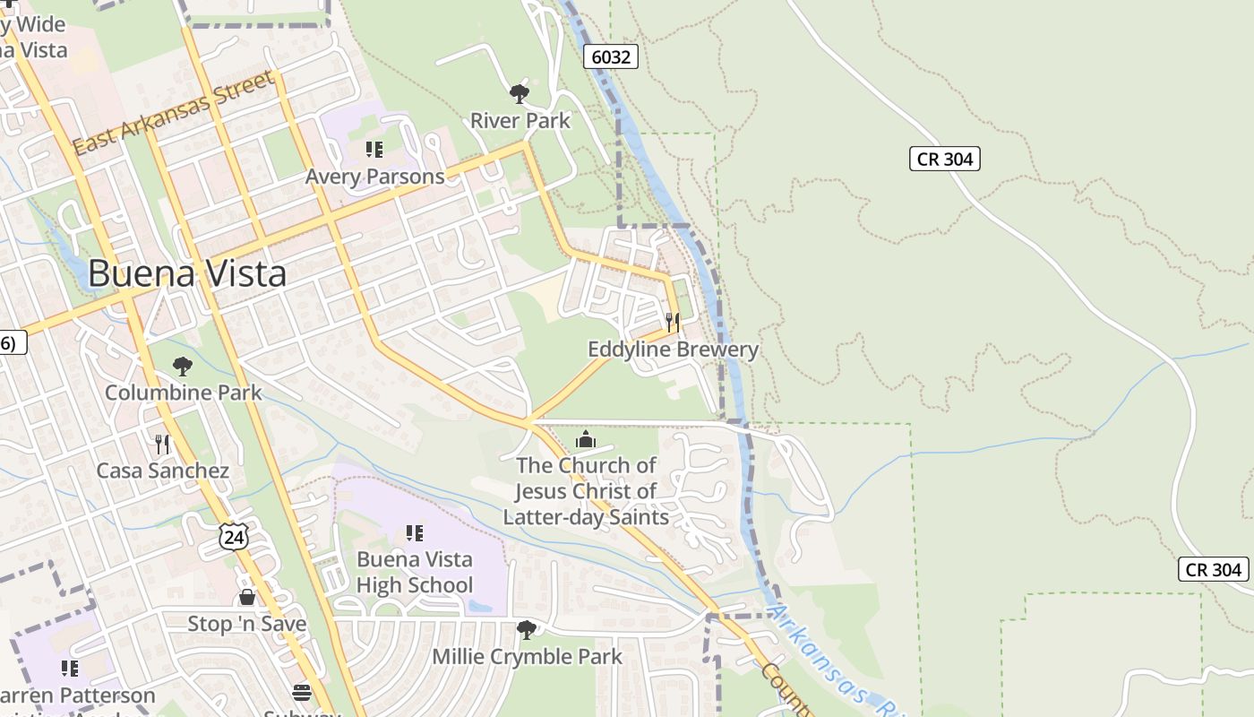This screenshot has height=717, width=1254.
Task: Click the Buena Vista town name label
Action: coord(187,273)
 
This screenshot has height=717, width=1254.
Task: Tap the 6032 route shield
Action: coord(612,56)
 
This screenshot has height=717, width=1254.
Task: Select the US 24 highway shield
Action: coord(233,536)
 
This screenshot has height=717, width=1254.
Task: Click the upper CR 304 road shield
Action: coord(945,159)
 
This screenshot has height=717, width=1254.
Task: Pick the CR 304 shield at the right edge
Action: coord(1214,569)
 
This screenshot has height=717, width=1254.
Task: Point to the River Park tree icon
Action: coord(519,93)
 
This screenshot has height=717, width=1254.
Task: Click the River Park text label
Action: coord(520,120)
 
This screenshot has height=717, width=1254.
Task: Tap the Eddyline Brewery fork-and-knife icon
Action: coord(673,323)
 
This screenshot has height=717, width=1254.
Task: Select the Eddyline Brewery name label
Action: coord(673,350)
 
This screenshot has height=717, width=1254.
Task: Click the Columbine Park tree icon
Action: coord(183,366)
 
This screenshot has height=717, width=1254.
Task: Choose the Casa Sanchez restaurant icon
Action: coord(162,444)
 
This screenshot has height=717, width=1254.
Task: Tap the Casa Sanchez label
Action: coord(162,471)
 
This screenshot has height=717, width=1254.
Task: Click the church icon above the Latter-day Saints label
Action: coord(586,439)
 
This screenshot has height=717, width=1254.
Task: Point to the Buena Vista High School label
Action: coord(414,572)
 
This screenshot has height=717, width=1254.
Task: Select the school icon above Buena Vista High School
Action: coord(414,533)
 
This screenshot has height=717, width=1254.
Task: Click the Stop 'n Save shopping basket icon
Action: coord(247,597)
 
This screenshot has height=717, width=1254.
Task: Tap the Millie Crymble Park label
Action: coord(527,656)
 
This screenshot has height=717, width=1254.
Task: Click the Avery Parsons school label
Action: coord(374,177)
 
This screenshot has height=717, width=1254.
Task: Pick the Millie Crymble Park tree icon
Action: coord(527,629)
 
